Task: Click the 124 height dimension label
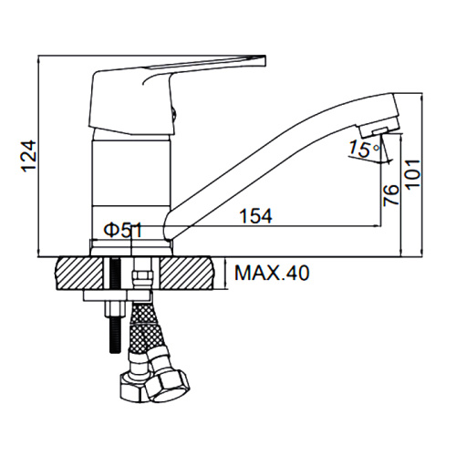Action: pos(29,156)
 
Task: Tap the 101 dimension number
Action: pos(413,174)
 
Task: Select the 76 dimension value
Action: pos(390,195)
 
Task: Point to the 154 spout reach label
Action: pos(255,216)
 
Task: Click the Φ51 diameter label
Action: pos(123,231)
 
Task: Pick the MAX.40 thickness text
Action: pos(272,273)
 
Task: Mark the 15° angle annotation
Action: pos(364,149)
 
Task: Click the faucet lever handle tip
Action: pos(264,60)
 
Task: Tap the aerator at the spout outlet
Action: pos(378,131)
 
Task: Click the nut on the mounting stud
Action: pos(115,309)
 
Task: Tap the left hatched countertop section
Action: pos(79,274)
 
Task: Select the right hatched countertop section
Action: pos(187,274)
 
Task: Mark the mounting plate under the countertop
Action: pos(117,295)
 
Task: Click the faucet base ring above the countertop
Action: pos(131,247)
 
